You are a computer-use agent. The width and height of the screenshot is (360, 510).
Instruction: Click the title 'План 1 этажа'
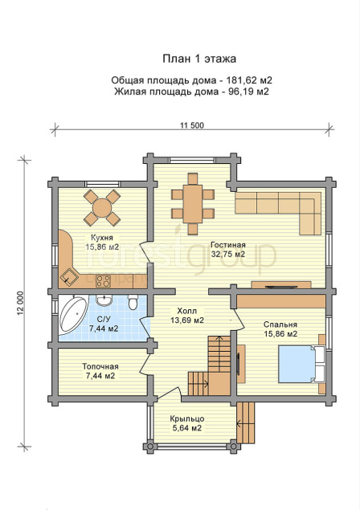click(x=199, y=59)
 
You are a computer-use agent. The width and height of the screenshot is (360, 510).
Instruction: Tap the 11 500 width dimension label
click(x=192, y=125)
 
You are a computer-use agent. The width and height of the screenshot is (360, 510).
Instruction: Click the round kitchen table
click(x=102, y=207)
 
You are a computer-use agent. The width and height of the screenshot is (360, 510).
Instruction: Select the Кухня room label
click(x=102, y=238)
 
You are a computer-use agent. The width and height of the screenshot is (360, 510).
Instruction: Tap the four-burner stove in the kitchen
click(x=103, y=280)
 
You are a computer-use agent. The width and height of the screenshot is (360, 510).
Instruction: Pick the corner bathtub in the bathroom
click(x=73, y=314)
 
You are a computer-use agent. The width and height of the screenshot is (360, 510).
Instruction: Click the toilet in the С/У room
click(x=133, y=301)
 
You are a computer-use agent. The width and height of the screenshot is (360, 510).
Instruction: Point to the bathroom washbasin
click(x=104, y=300)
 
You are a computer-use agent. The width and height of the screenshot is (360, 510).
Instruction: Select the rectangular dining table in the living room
click(x=193, y=204)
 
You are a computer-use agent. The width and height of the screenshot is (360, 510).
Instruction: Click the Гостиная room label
click(x=228, y=245)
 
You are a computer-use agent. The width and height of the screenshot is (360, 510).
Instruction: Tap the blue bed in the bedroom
click(x=297, y=364)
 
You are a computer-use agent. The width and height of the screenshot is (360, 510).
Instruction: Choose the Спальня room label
click(x=280, y=324)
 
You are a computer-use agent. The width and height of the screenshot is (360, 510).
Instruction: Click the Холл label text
click(x=187, y=311)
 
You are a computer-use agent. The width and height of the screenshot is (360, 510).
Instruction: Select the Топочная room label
click(x=100, y=366)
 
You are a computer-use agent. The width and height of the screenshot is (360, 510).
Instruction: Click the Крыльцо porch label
click(x=187, y=418)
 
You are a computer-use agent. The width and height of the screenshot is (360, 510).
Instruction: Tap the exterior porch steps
click(x=245, y=422)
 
